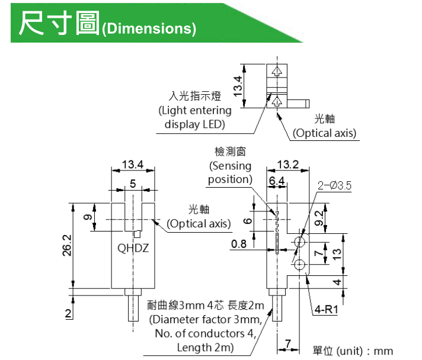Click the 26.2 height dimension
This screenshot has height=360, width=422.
[x=66, y=246]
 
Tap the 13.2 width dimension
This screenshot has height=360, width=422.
[x=287, y=164]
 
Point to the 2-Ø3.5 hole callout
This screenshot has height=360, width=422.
[x=334, y=185]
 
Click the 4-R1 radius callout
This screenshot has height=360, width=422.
[x=327, y=308]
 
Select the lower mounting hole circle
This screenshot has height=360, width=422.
[x=300, y=264]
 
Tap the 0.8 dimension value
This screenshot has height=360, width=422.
[x=239, y=244]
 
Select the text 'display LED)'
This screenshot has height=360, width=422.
[x=195, y=124]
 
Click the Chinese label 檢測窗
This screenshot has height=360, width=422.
[x=230, y=152]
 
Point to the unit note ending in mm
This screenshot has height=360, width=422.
[x=353, y=351]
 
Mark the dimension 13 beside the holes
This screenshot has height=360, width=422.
[x=336, y=254]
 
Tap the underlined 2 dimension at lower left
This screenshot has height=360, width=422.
[x=68, y=313]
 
